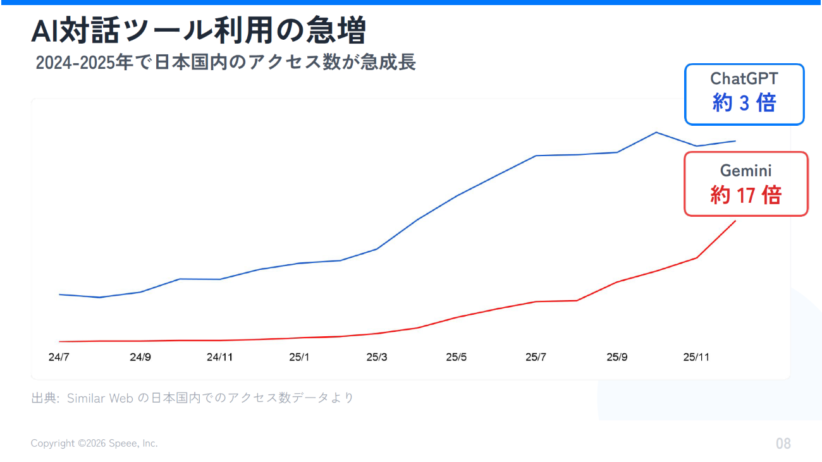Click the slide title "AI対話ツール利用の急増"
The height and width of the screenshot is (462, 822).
pos(199,31)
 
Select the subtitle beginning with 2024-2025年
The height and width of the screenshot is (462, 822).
pos(226,63)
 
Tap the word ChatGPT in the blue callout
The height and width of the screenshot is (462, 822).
pos(744,78)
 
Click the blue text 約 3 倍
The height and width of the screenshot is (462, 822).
pos(744,102)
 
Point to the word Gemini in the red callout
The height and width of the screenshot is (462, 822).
pos(745,171)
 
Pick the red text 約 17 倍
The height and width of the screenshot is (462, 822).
pos(745,195)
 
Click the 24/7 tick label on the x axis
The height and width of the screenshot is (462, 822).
pos(59,357)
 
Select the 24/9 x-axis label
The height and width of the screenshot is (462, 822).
pos(140,357)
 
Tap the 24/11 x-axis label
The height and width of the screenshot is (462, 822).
pos(219,357)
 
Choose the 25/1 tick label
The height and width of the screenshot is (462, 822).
pos(299,357)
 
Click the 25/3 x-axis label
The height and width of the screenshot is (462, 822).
pos(377,357)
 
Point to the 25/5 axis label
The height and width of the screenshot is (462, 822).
pos(456,357)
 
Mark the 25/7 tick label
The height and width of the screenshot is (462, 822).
pos(536,357)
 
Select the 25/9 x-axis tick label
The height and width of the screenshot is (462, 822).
pos(617,357)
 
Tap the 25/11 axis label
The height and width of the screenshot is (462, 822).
pos(696,357)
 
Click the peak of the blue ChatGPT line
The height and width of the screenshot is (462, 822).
pos(656,132)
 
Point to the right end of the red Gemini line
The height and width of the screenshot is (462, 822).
pos(735,221)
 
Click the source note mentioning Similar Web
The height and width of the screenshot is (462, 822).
pos(192,398)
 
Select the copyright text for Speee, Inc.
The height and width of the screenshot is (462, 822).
pos(94,444)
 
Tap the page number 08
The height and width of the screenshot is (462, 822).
pos(783,444)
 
